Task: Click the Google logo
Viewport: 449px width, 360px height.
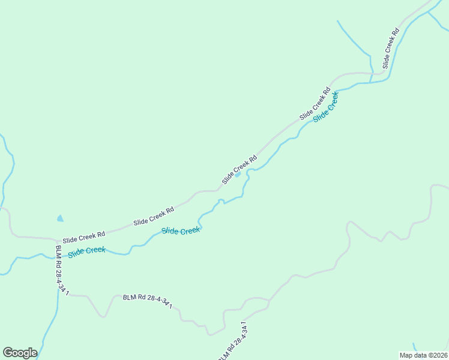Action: [20, 353]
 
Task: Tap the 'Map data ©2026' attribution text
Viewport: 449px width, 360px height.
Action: [423, 355]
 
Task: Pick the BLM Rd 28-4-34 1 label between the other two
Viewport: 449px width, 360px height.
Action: [148, 301]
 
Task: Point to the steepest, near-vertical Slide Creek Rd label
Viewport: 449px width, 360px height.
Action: [390, 47]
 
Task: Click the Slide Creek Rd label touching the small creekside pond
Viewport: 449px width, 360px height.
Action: [239, 170]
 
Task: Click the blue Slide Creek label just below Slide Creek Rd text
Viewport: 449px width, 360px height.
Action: [181, 231]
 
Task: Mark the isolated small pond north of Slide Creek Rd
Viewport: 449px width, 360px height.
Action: [59, 219]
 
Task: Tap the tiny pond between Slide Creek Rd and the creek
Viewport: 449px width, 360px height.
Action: [238, 175]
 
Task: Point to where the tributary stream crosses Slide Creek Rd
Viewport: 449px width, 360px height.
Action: [372, 74]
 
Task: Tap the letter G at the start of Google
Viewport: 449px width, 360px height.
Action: [8, 353]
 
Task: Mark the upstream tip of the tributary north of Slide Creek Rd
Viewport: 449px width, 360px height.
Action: [338, 22]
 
